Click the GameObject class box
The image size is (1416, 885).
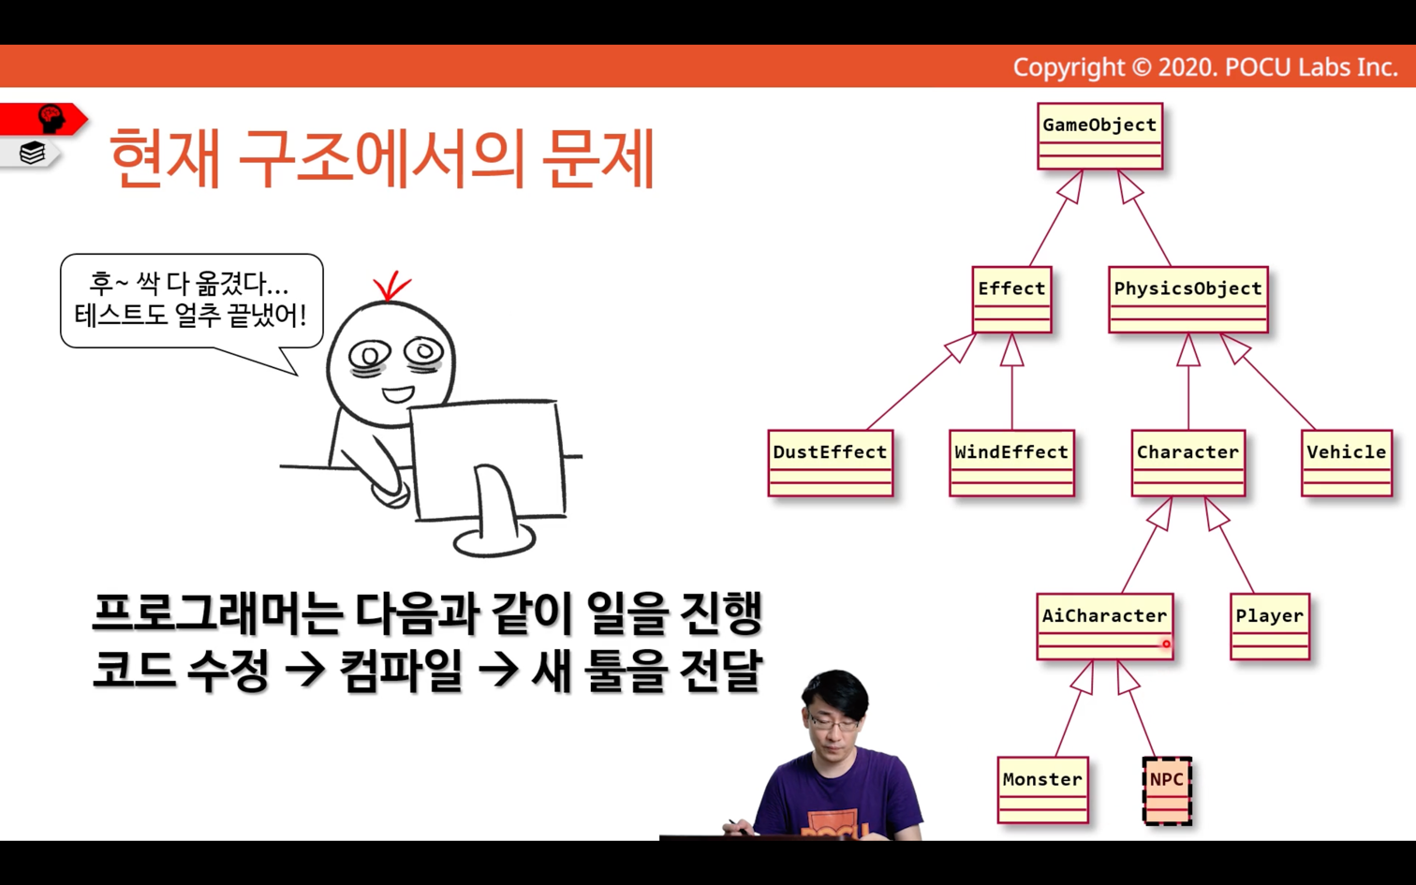(1099, 136)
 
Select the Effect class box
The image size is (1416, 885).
(1012, 300)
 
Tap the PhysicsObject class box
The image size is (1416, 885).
(1188, 300)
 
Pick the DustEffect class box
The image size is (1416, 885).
(831, 464)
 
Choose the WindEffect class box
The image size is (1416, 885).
(1012, 464)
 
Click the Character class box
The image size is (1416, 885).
(1188, 464)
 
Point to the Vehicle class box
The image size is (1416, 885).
(1347, 464)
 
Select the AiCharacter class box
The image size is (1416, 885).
(1105, 627)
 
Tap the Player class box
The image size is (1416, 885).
(1270, 627)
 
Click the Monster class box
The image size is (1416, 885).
(1043, 790)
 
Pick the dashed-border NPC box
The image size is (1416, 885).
(1167, 790)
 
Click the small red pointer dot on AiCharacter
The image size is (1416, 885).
(1166, 644)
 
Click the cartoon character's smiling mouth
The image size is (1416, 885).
(398, 394)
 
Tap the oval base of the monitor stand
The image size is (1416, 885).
(494, 541)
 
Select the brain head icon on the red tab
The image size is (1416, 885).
(52, 118)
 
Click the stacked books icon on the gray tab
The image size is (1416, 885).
(32, 154)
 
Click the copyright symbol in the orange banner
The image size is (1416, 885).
(1141, 67)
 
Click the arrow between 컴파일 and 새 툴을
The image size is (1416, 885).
(499, 671)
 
